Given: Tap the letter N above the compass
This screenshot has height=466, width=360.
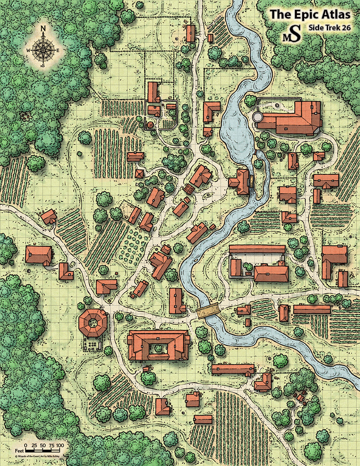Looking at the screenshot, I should tap(43, 28).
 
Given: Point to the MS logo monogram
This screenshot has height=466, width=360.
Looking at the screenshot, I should tap(292, 34).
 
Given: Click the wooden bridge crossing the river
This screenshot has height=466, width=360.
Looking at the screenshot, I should tap(208, 310).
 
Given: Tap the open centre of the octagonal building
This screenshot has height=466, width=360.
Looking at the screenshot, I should tap(93, 322).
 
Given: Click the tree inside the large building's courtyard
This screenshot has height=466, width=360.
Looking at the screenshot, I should tap(158, 347).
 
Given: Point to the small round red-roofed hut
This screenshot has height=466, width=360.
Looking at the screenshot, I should tap(150, 125).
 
